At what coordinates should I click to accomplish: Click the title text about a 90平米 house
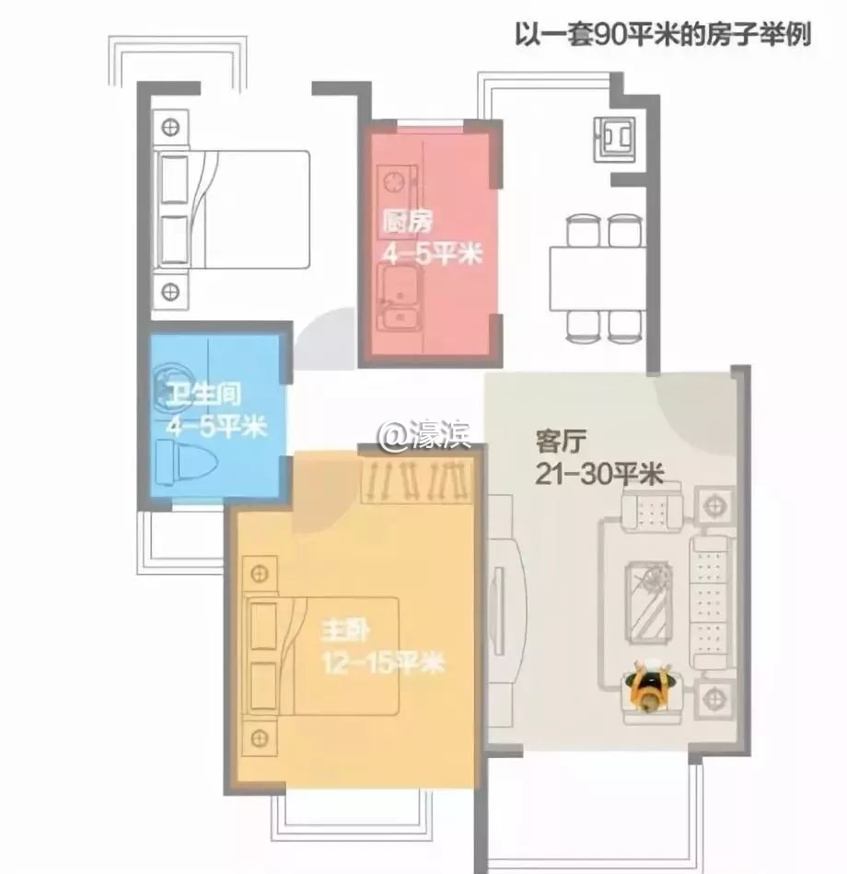662,35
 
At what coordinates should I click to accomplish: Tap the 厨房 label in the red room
407,222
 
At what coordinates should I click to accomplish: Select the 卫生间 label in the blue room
204,394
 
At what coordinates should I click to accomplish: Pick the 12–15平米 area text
384,662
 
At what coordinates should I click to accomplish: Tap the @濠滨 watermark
425,434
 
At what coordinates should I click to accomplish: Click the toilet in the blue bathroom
186,462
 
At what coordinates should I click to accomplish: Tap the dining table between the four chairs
598,280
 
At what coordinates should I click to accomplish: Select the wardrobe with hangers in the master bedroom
417,481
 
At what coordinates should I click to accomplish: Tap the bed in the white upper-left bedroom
232,210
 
